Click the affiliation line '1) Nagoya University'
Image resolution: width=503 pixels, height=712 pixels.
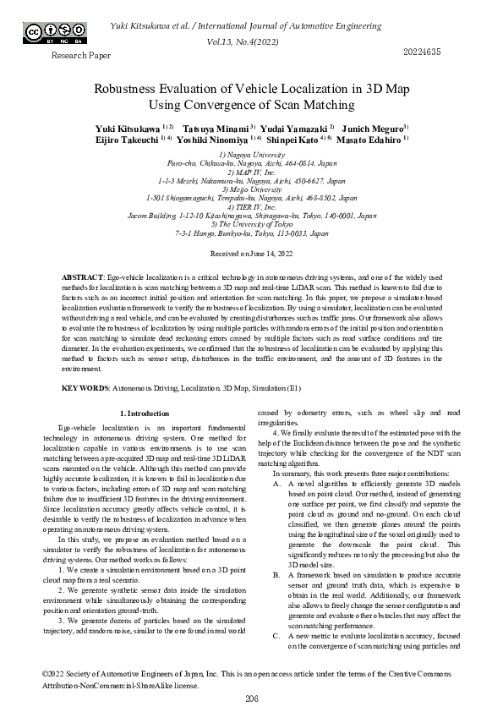click(x=251, y=155)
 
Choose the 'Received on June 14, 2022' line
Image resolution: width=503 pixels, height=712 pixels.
click(x=251, y=253)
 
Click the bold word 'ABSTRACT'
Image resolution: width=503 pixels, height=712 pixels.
click(x=83, y=277)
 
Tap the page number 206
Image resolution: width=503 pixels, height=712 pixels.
click(x=251, y=698)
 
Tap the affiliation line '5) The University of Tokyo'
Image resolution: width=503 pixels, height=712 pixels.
click(x=251, y=224)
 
